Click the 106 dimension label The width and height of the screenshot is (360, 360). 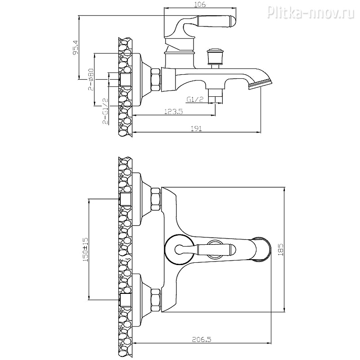coord(200,4)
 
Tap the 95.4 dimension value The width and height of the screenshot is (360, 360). coord(76,48)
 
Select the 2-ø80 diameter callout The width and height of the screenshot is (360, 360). coord(91,79)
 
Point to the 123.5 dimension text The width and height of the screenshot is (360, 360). coord(174,111)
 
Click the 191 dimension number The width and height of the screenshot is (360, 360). coord(197,128)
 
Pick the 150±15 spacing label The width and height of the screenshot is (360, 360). coord(85,250)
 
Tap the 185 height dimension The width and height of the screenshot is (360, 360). coord(280,250)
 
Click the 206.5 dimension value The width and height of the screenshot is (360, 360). coord(201,339)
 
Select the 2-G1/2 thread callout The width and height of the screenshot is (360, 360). coord(105,111)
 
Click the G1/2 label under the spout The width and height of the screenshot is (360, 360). coord(195,99)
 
